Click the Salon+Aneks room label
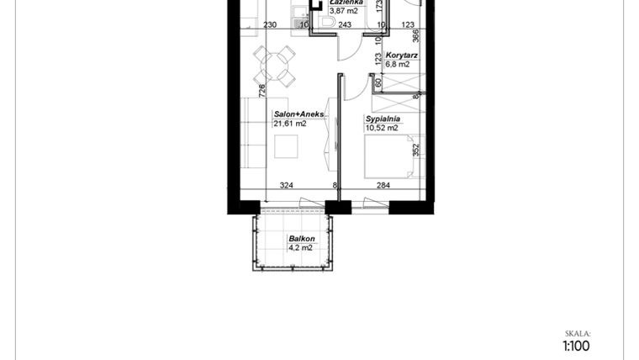298,114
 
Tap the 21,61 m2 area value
290,123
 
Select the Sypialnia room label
383,119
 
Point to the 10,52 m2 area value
382,128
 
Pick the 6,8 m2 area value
397,64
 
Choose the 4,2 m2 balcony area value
300,248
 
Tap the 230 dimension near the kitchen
270,25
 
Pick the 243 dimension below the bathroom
345,25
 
